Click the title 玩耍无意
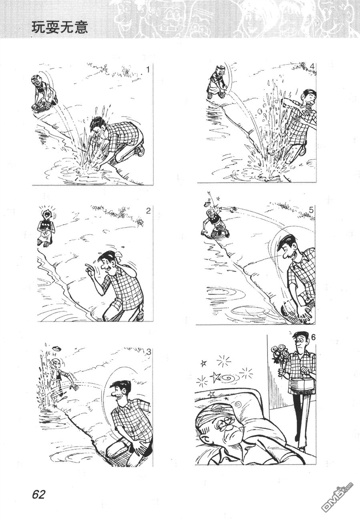pos(60,28)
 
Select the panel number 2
pos(148,211)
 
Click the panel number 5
pos(311,210)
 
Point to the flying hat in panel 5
pos(206,204)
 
